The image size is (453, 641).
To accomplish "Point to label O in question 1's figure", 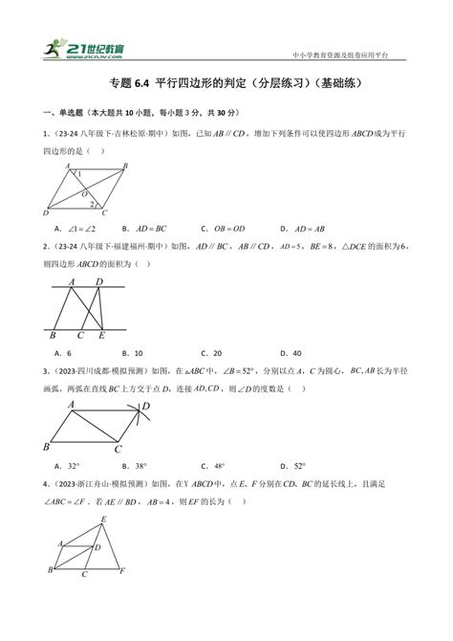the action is coord(86,191).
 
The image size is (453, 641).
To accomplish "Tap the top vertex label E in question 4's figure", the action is coord(103,518).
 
